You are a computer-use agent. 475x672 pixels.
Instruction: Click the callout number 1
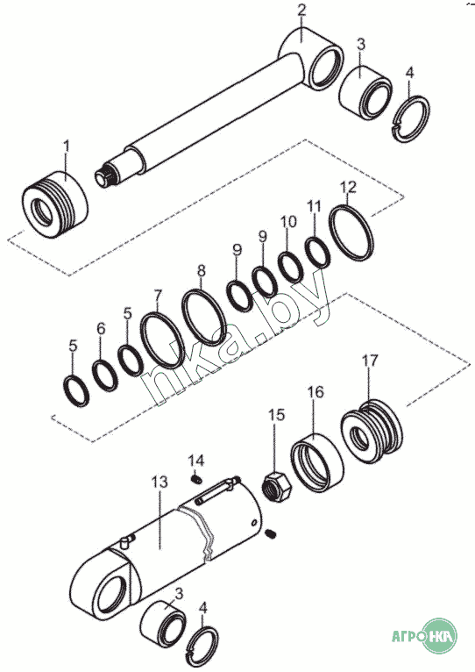click(66, 146)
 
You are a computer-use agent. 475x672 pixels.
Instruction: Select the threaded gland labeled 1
click(55, 206)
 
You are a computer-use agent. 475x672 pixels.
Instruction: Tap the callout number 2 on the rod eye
click(302, 11)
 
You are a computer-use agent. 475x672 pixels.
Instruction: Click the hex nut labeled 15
click(276, 488)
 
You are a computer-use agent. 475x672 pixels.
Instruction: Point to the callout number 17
click(370, 361)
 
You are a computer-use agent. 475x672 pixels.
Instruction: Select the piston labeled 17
click(372, 431)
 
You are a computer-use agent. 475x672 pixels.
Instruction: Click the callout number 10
click(288, 222)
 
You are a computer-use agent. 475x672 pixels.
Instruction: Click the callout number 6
click(101, 329)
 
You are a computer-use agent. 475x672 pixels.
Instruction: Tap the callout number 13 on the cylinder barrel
click(160, 483)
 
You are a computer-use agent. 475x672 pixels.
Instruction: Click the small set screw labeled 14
click(196, 479)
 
